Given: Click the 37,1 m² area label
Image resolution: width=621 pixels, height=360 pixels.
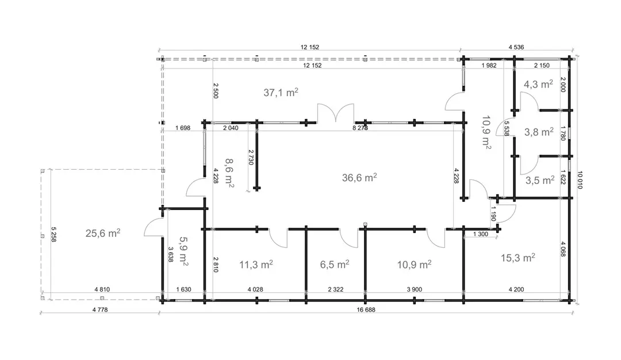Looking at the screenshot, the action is (281, 92).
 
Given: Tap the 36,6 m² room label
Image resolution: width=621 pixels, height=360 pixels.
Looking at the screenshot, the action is (359, 178).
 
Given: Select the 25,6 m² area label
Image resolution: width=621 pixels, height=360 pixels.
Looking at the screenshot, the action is (103, 233).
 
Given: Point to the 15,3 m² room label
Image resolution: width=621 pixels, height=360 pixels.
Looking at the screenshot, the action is (518, 258).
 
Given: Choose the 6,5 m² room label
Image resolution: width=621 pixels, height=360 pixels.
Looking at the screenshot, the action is (335, 264).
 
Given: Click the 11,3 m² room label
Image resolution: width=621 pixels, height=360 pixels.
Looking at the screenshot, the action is (256, 264).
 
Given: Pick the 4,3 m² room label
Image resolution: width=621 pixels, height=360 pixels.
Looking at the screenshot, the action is (538, 84).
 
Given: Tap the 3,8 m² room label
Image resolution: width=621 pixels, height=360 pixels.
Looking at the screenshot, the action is (539, 132).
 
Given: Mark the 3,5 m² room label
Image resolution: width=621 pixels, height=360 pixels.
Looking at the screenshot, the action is (540, 180).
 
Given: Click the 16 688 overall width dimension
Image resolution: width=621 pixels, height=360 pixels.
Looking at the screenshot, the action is (366, 310).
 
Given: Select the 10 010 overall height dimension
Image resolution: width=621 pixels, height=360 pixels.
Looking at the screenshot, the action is (580, 180).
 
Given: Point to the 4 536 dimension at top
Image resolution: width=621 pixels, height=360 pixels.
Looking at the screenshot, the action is (516, 47).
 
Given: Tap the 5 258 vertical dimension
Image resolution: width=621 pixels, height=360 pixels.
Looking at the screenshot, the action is (53, 234).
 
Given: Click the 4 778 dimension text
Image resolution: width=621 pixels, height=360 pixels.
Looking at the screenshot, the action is (100, 310).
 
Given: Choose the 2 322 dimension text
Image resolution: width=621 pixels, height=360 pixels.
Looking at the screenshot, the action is (335, 289).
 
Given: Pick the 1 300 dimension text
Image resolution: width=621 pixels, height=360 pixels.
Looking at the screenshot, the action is (480, 234).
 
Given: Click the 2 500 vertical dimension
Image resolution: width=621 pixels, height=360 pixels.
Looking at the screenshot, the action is (216, 91).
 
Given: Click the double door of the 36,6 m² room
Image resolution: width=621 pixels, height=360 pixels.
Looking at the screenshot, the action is (335, 113).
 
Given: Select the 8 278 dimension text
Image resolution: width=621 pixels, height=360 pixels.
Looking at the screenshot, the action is (360, 128).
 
